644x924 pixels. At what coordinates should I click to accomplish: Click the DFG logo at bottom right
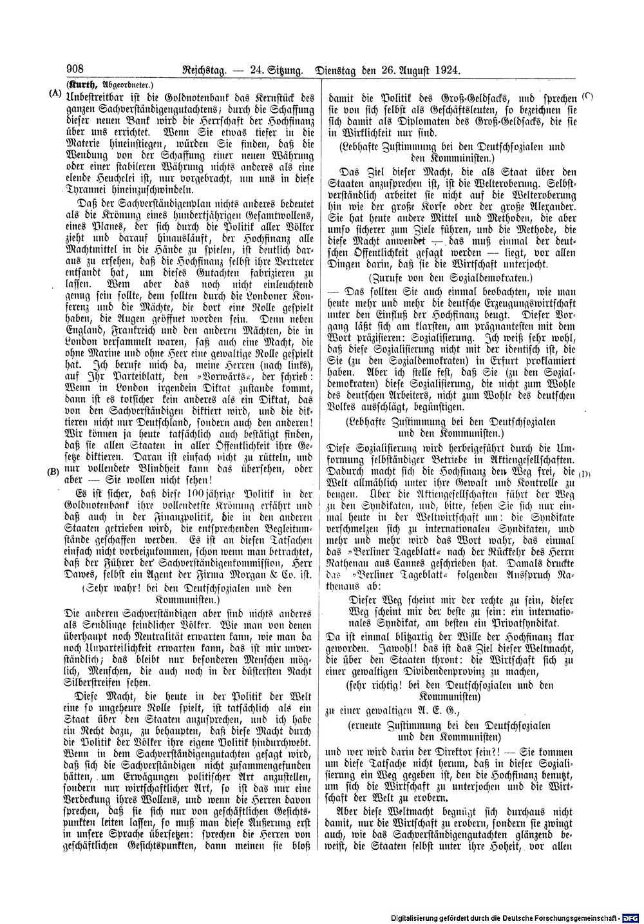[x=631, y=915]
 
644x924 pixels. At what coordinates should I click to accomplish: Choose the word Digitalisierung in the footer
[x=421, y=916]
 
